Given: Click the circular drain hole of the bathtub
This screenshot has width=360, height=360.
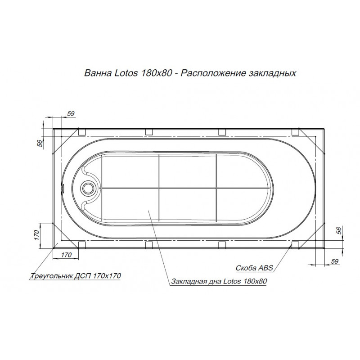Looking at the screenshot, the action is (88, 188).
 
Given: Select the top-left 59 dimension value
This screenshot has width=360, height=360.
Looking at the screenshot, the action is (71, 113).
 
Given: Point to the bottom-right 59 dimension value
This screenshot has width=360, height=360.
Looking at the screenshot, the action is (335, 261).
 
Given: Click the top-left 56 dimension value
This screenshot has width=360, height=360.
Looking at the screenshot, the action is (40, 143).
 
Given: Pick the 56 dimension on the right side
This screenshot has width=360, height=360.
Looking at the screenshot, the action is (339, 230).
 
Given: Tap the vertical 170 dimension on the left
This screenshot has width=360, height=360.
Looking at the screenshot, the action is (37, 235).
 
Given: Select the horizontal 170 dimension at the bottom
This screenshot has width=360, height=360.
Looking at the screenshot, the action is (66, 255).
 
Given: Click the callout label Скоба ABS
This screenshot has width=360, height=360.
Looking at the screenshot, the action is (254, 268).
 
